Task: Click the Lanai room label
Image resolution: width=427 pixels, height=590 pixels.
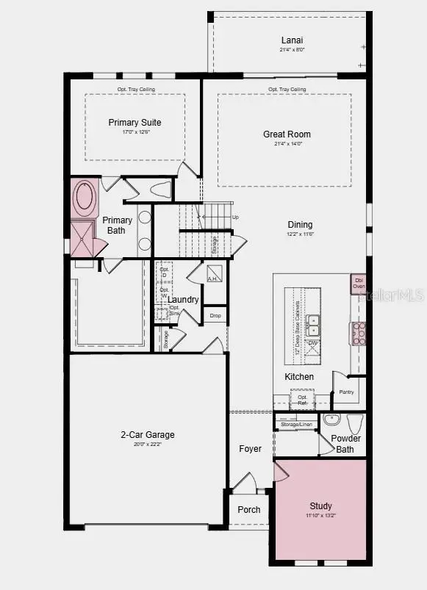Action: pyautogui.click(x=292, y=40)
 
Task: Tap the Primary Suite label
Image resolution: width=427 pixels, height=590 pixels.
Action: pyautogui.click(x=134, y=123)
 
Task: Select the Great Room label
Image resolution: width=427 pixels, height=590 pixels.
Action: pyautogui.click(x=287, y=134)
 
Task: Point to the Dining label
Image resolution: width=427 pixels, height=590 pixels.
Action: pyautogui.click(x=300, y=225)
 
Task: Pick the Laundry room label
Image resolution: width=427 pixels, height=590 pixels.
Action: pyautogui.click(x=183, y=300)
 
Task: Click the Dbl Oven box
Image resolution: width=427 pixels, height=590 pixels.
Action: pyautogui.click(x=359, y=283)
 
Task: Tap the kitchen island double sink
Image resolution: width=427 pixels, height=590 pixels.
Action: pyautogui.click(x=313, y=320)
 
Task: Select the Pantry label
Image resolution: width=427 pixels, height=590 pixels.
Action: pyautogui.click(x=346, y=392)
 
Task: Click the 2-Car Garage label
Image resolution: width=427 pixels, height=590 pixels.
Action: pyautogui.click(x=148, y=435)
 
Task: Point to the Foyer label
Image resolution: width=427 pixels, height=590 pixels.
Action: pyautogui.click(x=250, y=449)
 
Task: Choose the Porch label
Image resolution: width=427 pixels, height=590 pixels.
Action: pyautogui.click(x=249, y=510)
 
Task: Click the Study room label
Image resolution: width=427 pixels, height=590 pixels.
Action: pyautogui.click(x=320, y=506)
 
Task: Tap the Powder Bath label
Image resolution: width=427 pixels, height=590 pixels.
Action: pyautogui.click(x=345, y=444)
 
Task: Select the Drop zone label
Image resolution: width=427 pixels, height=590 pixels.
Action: pyautogui.click(x=215, y=316)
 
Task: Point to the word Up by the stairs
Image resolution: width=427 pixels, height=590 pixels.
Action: pyautogui.click(x=235, y=217)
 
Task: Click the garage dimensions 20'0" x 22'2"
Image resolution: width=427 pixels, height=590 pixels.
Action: pyautogui.click(x=148, y=445)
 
